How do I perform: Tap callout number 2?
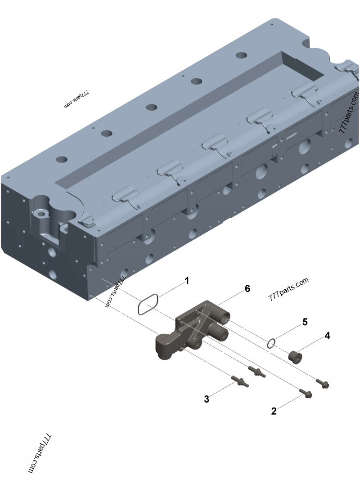[273, 410]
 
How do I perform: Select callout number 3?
[207, 399]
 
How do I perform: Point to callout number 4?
[327, 336]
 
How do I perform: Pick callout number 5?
[305, 322]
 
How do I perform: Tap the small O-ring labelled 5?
[270, 343]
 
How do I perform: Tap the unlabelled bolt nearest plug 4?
[323, 383]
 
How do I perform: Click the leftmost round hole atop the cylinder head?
[62, 159]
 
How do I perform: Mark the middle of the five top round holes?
[151, 108]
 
